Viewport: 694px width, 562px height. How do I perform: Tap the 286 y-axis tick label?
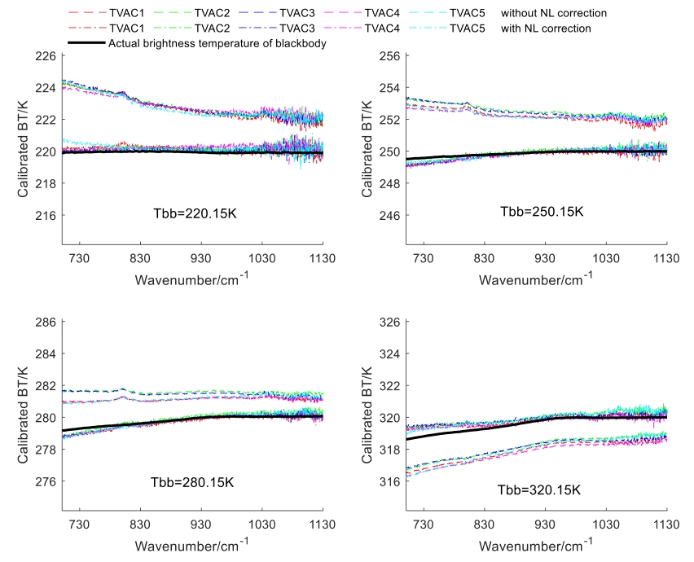coord(44,323)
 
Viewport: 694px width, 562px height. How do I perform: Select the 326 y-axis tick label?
coord(388,323)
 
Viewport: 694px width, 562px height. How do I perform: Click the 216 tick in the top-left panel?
coord(44,216)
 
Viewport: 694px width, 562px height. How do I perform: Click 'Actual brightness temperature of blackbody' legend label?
coord(217,43)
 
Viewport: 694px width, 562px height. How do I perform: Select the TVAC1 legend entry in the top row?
coord(125,14)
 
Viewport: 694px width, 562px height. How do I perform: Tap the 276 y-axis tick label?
coord(44,482)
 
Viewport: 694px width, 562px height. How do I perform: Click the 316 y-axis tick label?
coord(388,482)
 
